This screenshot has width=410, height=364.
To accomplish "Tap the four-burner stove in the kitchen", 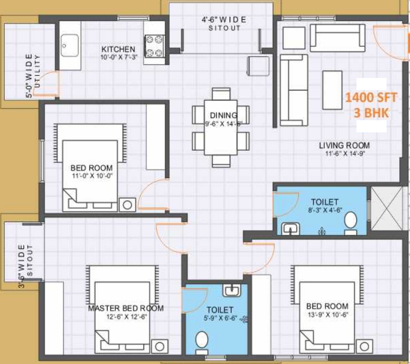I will coord(154,45).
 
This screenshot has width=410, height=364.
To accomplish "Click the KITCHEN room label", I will coord(118,49).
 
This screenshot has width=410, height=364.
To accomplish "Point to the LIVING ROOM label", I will coord(344,145).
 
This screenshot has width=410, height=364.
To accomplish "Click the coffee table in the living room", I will coord(332,89).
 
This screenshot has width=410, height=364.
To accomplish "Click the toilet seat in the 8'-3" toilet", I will coord(351,220).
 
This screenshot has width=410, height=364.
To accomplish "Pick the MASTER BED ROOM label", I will coord(126,308).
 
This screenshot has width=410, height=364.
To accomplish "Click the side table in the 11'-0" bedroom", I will coord(126,204).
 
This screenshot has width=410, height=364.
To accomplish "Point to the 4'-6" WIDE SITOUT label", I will coord(224,24).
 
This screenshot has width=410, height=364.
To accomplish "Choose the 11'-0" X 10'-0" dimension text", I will coord(91,176).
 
